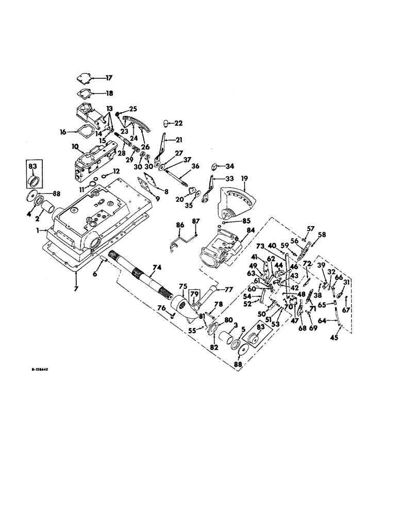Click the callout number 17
(109, 78)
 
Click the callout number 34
(230, 166)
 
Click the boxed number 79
(194, 294)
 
